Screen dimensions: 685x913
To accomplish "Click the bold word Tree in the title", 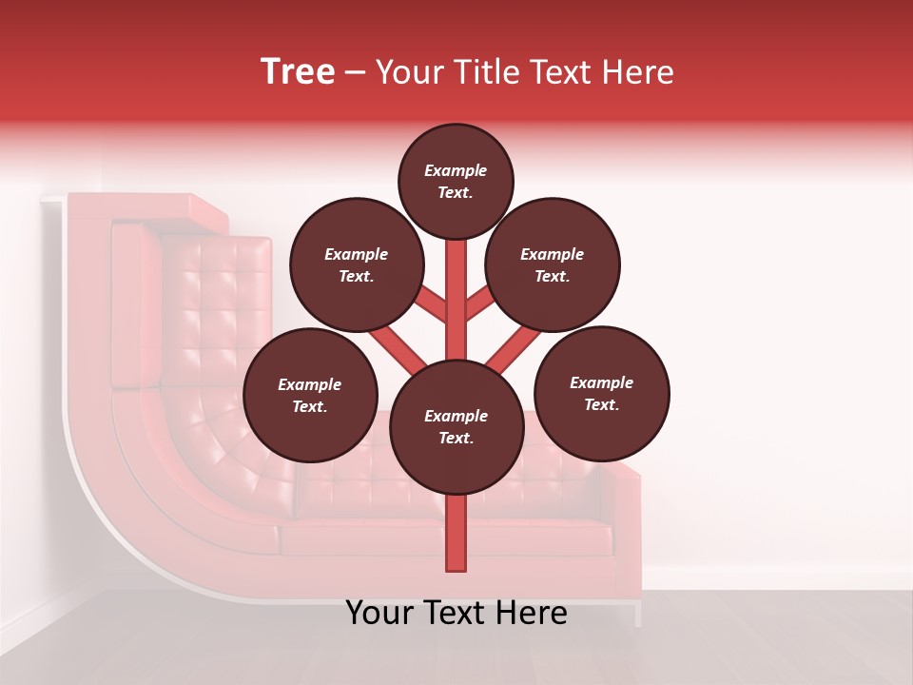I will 298,72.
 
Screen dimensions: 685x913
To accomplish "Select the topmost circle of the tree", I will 456,182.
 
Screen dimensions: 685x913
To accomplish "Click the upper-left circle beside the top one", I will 356,265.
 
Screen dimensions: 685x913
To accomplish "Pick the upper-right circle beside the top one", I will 552,265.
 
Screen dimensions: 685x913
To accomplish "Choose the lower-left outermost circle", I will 309,396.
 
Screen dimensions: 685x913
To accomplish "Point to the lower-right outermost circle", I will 601,394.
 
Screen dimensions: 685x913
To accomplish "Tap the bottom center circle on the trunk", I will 456,427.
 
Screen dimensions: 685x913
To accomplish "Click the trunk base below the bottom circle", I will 456,533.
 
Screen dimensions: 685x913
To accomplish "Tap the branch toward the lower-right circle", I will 515,346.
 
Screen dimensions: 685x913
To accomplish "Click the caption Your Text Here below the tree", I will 456,613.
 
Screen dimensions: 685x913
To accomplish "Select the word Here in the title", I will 638,72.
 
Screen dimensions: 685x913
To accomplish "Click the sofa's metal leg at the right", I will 638,615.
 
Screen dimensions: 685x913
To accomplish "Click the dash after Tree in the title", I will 355,73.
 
